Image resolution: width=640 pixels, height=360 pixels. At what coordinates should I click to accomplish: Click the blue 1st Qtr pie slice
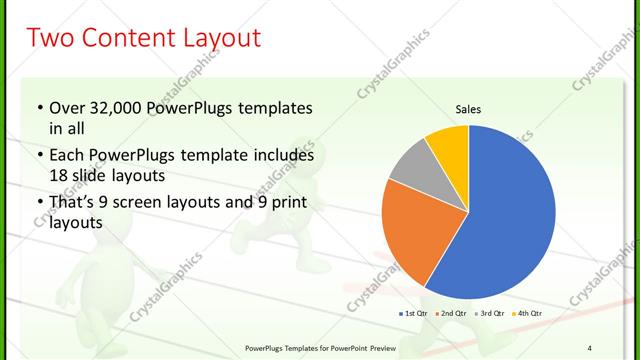[500, 220]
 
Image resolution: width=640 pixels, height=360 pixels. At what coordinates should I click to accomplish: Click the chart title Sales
[469, 108]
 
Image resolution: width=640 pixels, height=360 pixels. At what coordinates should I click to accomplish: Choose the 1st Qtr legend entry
[417, 315]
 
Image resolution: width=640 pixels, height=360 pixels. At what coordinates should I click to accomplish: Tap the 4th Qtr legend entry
[528, 315]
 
